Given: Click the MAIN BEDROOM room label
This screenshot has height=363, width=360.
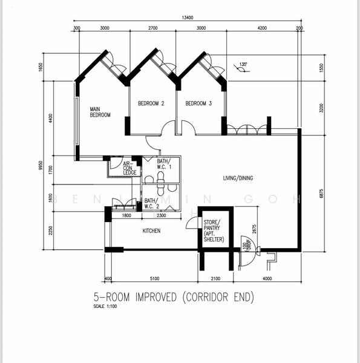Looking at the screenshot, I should click(100, 112).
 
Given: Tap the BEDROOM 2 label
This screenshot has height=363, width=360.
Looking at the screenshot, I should click(151, 103).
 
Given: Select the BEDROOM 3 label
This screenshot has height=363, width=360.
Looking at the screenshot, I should click(198, 103).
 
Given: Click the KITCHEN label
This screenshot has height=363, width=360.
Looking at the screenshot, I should click(151, 231).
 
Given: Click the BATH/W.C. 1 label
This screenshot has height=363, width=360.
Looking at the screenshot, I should click(165, 163).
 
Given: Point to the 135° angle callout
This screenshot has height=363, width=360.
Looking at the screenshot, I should click(243, 64).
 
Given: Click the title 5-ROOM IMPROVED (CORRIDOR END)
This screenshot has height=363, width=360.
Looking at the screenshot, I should click(174, 297).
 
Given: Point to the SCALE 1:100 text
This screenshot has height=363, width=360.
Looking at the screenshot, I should click(105, 307).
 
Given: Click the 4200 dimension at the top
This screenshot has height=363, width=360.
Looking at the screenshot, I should click(262, 28).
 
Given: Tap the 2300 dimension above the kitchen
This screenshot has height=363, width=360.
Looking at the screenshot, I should click(161, 215).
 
